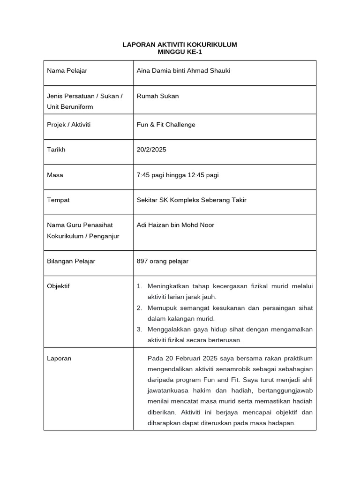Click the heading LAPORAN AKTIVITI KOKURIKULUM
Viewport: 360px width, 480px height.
[180, 45]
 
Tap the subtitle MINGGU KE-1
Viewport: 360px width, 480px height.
[180, 52]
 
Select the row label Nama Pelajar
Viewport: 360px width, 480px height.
[67, 71]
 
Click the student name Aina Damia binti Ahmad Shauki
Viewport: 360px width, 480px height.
[183, 71]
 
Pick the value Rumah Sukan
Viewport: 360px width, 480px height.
[157, 96]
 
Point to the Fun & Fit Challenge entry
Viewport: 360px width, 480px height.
[166, 125]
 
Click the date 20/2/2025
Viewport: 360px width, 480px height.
[151, 150]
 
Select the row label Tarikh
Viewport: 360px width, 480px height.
[56, 150]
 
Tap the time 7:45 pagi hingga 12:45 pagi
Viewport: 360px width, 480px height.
[178, 175]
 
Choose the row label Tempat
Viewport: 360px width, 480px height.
[58, 200]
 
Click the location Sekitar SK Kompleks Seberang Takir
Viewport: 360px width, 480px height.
[191, 200]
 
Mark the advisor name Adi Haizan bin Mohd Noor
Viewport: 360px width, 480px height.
[175, 225]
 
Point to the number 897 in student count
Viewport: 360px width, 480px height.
[142, 261]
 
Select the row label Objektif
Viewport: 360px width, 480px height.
[58, 286]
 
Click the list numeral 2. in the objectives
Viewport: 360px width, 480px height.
[139, 308]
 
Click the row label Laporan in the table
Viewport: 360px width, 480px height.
[59, 358]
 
